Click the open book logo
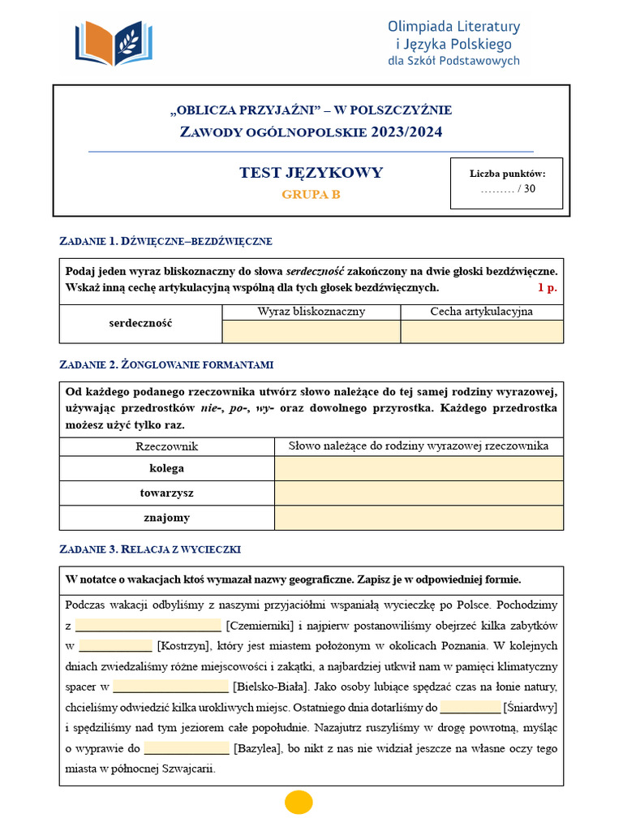[114, 43]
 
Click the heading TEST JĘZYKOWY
[311, 173]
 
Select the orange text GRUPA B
[311, 195]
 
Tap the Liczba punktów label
[507, 173]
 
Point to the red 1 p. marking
[548, 287]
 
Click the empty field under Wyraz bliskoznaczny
[311, 331]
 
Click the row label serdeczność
[140, 323]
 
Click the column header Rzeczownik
[166, 446]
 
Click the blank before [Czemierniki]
[148, 626]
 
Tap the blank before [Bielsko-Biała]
[171, 687]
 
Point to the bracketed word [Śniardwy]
[531, 707]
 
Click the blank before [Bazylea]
[187, 748]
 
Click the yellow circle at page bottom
[299, 802]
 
